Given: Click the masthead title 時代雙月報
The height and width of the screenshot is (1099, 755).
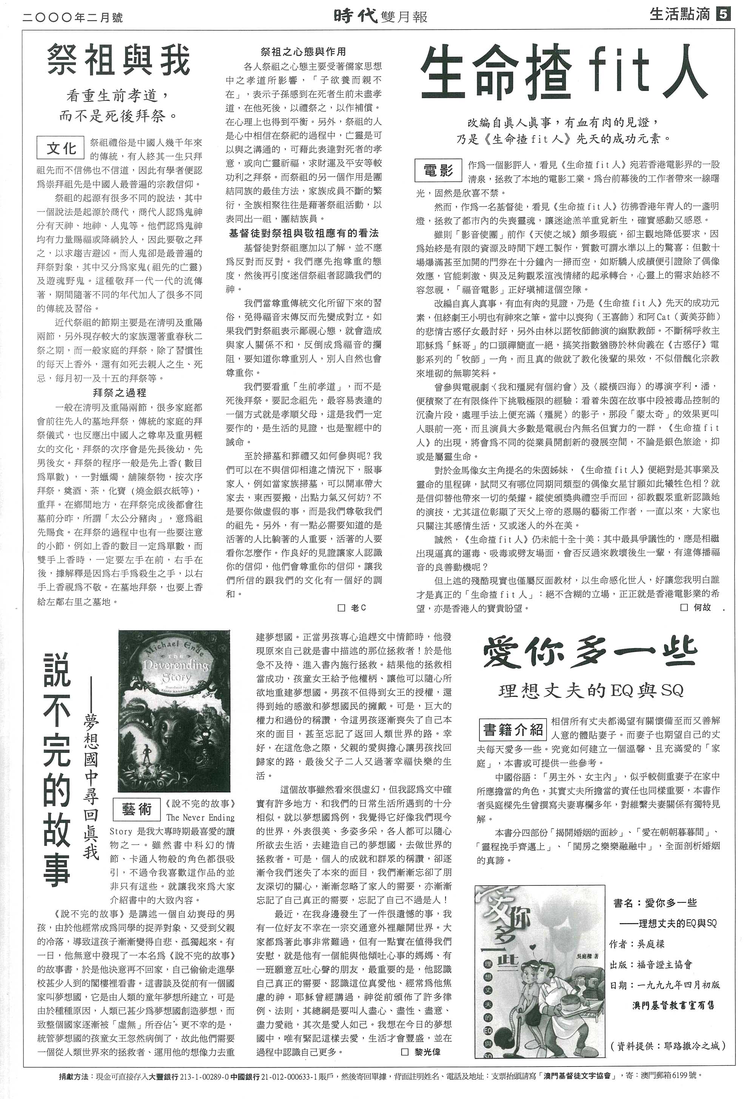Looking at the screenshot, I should [x=381, y=17].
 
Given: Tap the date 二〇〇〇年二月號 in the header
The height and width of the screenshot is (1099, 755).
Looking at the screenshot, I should [x=72, y=17].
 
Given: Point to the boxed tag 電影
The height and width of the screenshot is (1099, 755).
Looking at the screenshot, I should [x=438, y=170].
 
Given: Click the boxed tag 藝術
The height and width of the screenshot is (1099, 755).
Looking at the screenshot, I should [x=137, y=809].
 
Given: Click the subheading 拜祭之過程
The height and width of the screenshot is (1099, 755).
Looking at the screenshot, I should [x=119, y=392].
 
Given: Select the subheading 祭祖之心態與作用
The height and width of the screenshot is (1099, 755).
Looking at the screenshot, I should [x=303, y=52].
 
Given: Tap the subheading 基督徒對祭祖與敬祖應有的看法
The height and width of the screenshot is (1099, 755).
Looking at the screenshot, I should [x=304, y=233].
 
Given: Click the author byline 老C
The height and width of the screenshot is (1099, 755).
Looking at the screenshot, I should [x=353, y=608].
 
